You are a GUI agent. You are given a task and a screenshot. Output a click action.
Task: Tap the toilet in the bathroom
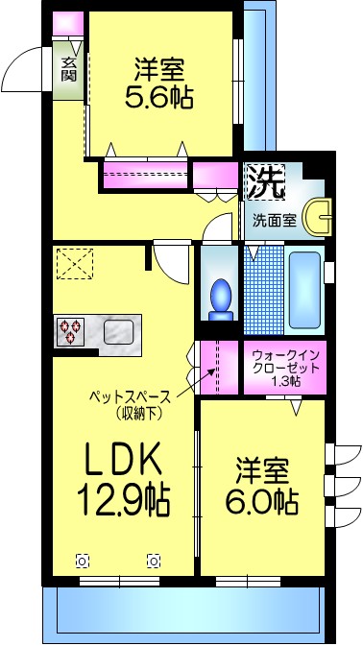(x=221, y=294)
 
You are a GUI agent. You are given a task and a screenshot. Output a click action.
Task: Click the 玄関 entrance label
(x=68, y=69)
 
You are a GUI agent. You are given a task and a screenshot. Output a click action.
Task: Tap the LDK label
(x=119, y=463)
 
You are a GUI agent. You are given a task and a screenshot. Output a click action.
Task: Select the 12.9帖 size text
(x=122, y=500)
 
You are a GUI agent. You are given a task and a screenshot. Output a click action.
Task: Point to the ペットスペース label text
(x=130, y=395)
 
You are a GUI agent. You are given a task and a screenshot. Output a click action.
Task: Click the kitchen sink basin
(x=118, y=332)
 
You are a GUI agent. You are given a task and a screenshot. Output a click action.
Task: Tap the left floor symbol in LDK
(x=82, y=562)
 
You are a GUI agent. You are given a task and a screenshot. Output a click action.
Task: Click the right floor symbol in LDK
(x=153, y=562)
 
